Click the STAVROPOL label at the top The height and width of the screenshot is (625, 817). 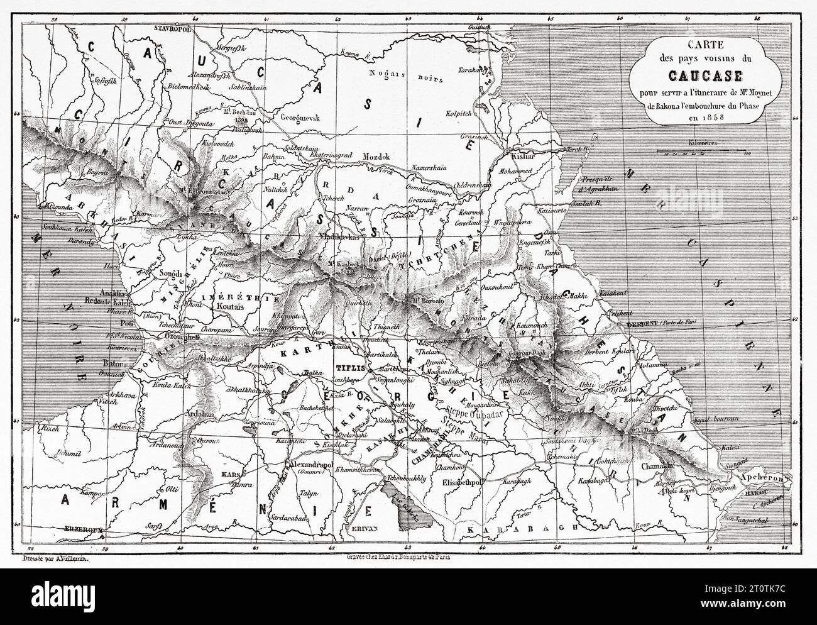(172, 28)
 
